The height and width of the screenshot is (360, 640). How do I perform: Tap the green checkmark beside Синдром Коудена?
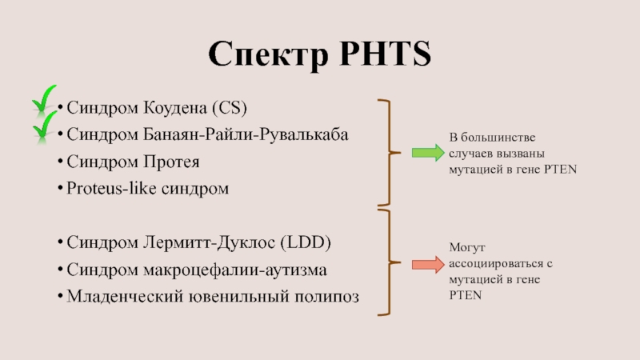coord(46,101)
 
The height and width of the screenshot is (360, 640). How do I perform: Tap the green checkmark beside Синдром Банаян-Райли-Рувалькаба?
coord(45,127)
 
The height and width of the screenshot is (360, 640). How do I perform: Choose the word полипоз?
coord(328,297)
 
